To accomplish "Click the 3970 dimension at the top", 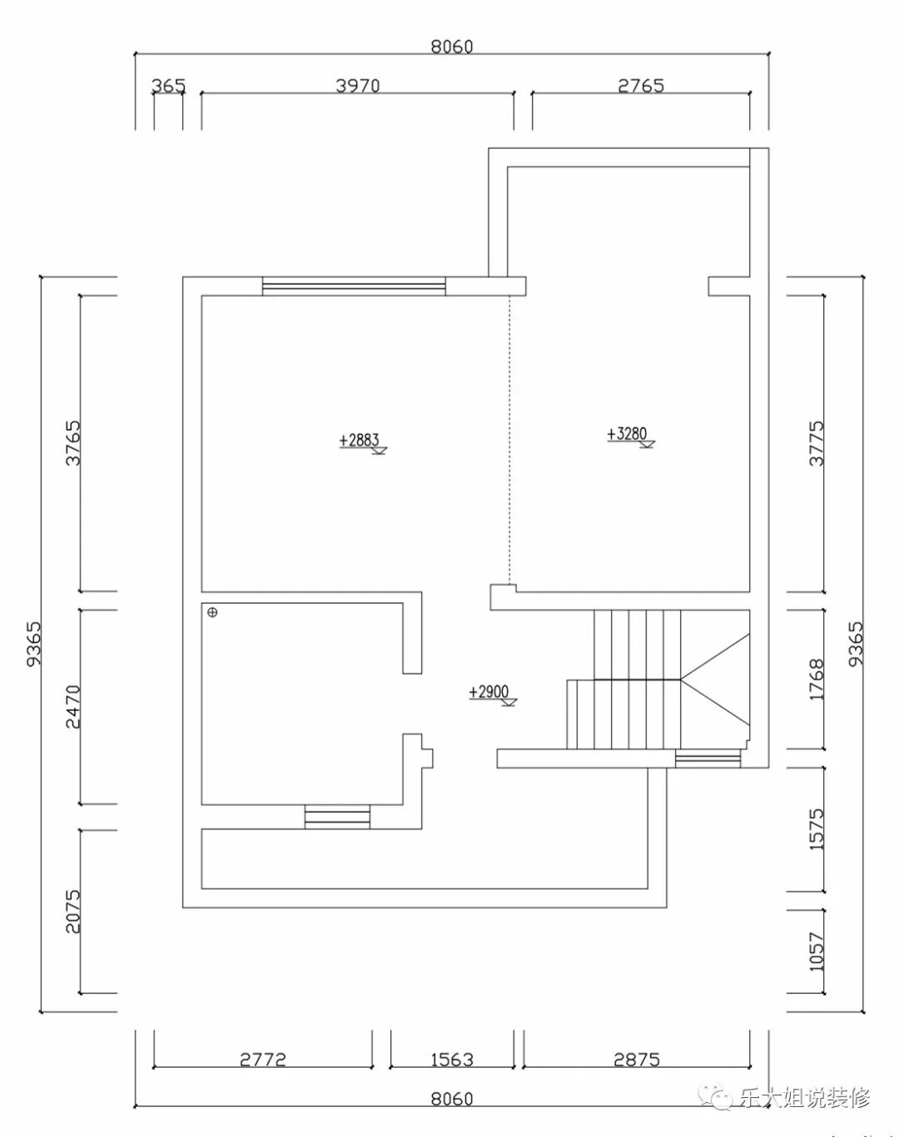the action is click(x=357, y=86).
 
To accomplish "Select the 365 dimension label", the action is click(x=169, y=86).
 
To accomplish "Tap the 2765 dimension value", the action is click(x=641, y=86).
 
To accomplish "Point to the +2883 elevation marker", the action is click(x=363, y=443).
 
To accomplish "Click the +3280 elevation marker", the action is click(x=630, y=437).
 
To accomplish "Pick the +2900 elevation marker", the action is click(x=493, y=695).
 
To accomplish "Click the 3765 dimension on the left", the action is click(x=73, y=442).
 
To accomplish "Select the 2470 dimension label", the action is click(x=73, y=707).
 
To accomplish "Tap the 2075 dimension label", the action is click(x=73, y=912).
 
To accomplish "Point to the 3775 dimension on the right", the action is click(x=817, y=443).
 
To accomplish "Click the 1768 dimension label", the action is click(x=817, y=680).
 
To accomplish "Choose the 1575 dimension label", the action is click(x=817, y=829).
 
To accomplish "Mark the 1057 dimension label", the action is click(x=817, y=952).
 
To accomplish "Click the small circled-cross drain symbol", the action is click(x=212, y=612).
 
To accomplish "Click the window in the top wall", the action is click(x=355, y=286).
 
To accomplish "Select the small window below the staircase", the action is click(x=708, y=760).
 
